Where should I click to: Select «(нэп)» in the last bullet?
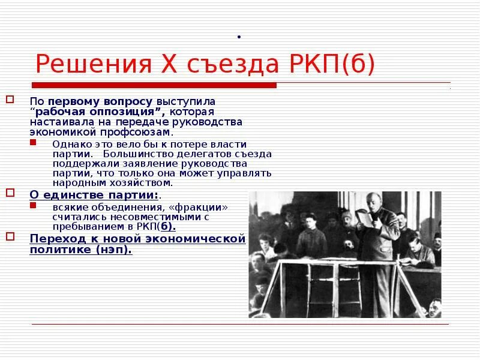pos(115,249)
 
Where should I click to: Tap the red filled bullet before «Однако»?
pos(32,143)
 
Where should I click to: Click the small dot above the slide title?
pos(239,38)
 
